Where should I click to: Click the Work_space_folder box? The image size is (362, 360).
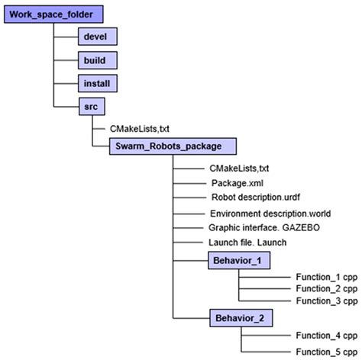coord(52,14)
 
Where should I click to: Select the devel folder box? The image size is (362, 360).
coord(99,37)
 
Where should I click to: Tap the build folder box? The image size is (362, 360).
coord(99,59)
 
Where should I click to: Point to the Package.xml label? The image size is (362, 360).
coord(238,184)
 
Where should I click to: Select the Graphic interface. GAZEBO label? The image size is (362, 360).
coord(258,228)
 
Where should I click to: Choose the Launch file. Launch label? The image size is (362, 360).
coord(247,243)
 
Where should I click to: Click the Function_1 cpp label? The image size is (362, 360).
coord(326,278)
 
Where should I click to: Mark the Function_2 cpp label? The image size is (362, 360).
coord(326,289)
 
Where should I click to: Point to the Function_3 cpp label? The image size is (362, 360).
coord(326,301)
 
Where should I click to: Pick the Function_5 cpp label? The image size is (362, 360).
coord(326,351)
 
